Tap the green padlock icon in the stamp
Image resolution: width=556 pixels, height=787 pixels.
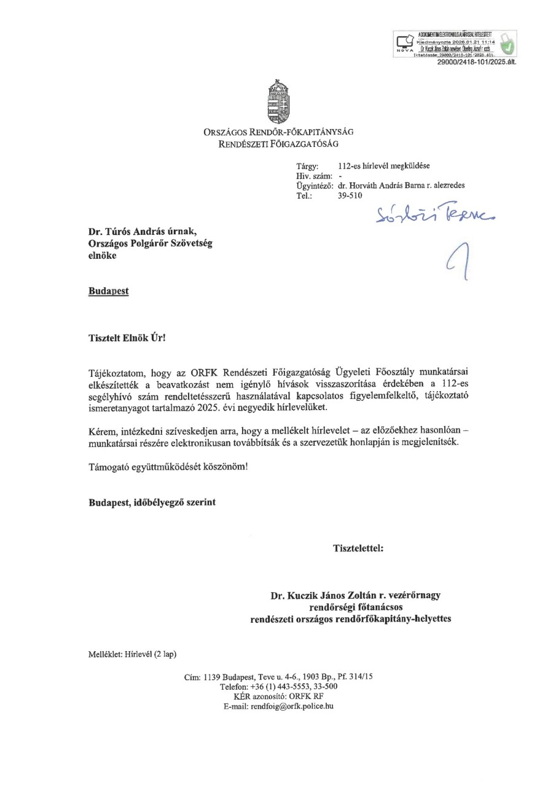pos(508,44)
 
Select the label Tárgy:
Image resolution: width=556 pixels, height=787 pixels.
pos(307,166)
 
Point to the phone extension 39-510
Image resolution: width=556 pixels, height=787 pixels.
pos(350,196)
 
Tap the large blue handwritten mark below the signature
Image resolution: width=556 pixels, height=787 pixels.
pos(455,261)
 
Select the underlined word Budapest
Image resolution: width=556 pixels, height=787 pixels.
pos(109,291)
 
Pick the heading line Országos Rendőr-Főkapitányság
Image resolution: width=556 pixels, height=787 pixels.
pos(278,132)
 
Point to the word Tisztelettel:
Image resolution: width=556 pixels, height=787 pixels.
pos(358,548)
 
